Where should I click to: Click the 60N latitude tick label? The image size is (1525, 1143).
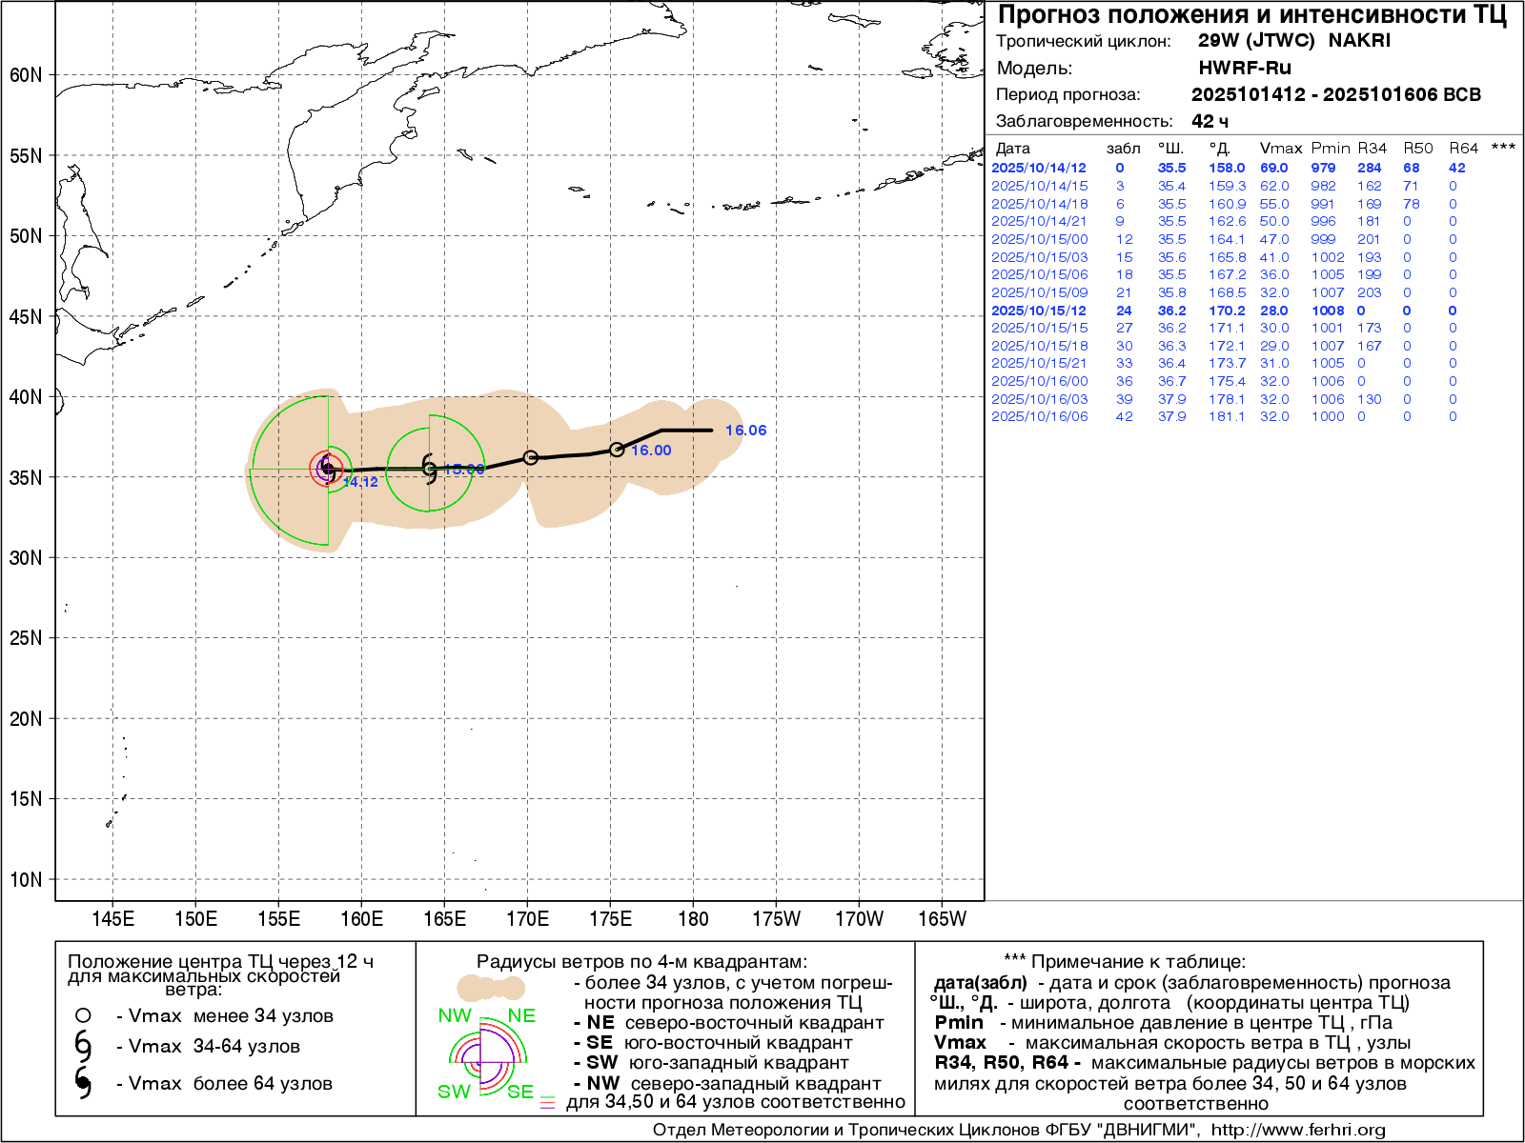tap(26, 75)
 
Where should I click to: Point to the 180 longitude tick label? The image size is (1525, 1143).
tap(693, 919)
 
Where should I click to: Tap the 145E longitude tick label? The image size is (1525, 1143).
tap(112, 919)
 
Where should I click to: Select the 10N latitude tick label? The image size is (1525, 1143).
tap(26, 880)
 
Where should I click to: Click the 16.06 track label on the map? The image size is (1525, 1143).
tap(745, 431)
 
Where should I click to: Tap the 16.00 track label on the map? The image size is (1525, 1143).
tap(651, 451)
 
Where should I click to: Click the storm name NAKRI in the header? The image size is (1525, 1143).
tap(1359, 41)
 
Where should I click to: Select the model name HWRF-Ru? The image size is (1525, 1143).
tap(1245, 68)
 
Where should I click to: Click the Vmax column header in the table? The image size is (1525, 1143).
tap(1280, 149)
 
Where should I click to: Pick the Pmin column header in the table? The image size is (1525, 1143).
tap(1330, 149)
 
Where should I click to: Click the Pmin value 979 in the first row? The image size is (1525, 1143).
tap(1323, 168)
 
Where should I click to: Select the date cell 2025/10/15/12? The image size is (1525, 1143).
tap(1039, 311)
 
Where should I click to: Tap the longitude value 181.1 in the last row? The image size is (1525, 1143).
tap(1227, 416)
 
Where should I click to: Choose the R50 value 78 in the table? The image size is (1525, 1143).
tap(1411, 204)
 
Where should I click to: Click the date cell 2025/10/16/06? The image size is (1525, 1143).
tap(1039, 416)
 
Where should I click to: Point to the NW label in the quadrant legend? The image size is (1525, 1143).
tap(455, 1015)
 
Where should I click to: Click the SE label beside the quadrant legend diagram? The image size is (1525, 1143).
tap(520, 1092)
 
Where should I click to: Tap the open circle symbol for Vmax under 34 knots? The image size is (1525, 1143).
tap(83, 1015)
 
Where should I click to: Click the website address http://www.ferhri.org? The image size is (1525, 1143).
tap(1298, 1130)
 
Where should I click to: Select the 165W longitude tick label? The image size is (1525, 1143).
tap(942, 919)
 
